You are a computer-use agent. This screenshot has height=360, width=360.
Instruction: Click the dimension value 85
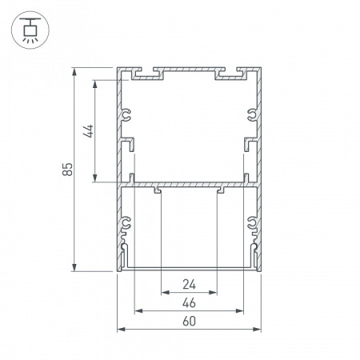coord(67,169)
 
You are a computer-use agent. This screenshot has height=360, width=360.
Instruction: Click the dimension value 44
coord(88,131)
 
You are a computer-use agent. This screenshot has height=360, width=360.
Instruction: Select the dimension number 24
coord(189,285)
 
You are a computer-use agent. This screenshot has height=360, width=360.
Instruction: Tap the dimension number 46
coord(189,303)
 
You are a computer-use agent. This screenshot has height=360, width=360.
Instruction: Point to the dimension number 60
coord(189,321)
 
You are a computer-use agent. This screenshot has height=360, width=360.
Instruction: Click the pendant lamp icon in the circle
coord(30,30)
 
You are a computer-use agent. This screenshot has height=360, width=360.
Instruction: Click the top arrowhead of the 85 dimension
coord(74,73)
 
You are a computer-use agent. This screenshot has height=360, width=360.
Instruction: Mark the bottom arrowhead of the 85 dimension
coord(74,266)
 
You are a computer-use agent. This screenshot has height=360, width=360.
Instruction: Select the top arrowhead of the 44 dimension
coord(95,85)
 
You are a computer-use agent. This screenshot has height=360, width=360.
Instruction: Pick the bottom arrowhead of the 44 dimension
coord(95,178)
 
